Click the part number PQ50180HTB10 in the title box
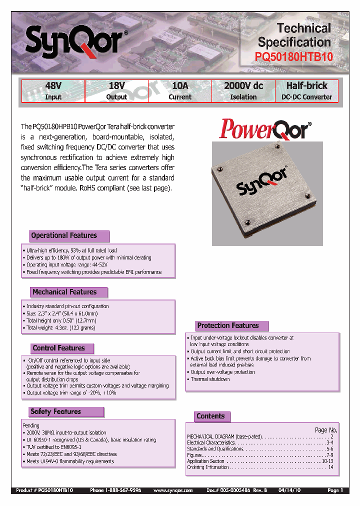coord(294,57)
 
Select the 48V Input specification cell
coord(53,91)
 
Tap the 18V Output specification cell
coord(116,91)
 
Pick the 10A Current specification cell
coord(180,91)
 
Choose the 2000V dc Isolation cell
coord(243,91)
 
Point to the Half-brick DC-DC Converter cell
coord(306,91)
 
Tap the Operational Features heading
coord(64,235)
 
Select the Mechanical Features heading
coord(64,292)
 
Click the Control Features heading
coord(58,348)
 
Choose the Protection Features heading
coord(228,325)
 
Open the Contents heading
coord(210,416)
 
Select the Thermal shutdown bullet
coord(210,379)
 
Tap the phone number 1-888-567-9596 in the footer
coord(115,490)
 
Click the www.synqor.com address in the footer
coord(173,490)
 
